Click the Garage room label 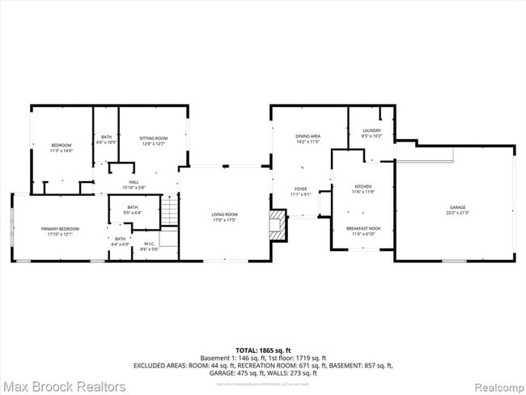coord(457,208)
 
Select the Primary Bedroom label coord(60,229)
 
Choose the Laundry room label coord(371,130)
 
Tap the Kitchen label coord(362,187)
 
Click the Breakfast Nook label coord(364,229)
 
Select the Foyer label coord(300,189)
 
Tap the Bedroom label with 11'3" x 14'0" coord(62,146)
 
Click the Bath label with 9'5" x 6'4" coord(132,207)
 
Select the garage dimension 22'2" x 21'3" coord(457,213)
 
